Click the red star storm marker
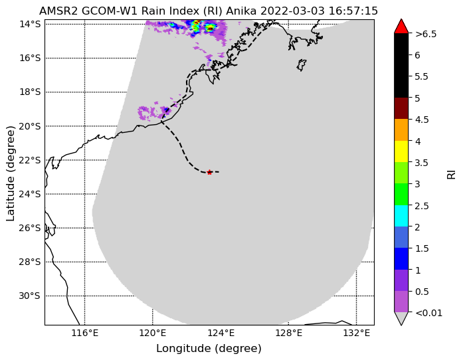tap(209, 172)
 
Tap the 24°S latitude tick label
tap(29, 195)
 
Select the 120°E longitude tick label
tap(153, 333)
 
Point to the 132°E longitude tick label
tap(357, 333)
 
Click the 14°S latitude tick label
tap(30, 24)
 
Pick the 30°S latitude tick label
tap(29, 296)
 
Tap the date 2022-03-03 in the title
tap(293, 11)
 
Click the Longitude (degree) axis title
tap(209, 349)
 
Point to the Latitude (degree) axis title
tap(10, 173)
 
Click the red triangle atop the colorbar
tap(401, 27)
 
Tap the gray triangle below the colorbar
tap(401, 318)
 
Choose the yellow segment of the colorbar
tap(401, 151)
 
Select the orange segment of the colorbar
tap(401, 130)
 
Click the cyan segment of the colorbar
tap(401, 216)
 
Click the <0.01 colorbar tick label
tap(428, 313)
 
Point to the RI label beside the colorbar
tap(452, 174)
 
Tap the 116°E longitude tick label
tap(85, 333)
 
